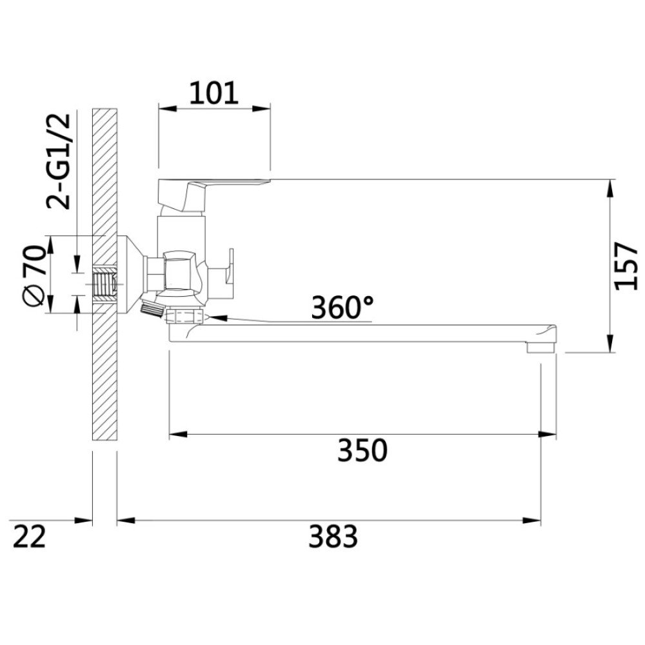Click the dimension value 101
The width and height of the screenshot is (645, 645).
[x=213, y=93]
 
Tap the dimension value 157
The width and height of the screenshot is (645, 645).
[x=626, y=266]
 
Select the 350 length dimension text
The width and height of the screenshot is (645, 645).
[x=362, y=450]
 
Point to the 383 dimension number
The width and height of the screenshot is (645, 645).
[x=333, y=536]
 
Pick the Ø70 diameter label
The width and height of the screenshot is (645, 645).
[x=34, y=275]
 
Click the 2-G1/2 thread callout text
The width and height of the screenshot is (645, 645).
[x=59, y=161]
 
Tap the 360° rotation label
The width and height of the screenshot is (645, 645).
[x=342, y=307]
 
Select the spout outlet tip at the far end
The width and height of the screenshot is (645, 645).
[x=541, y=348]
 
